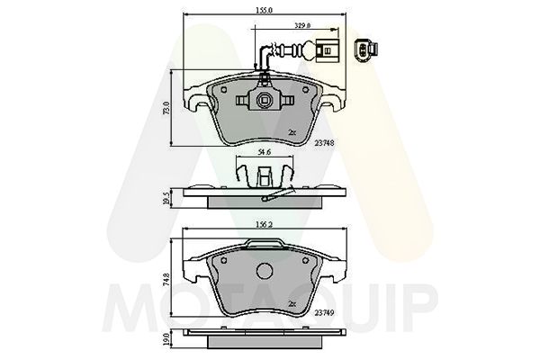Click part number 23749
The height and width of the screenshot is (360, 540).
(325, 312)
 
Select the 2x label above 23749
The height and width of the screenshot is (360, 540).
(292, 303)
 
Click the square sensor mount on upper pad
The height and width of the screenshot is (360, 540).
(265, 101)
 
